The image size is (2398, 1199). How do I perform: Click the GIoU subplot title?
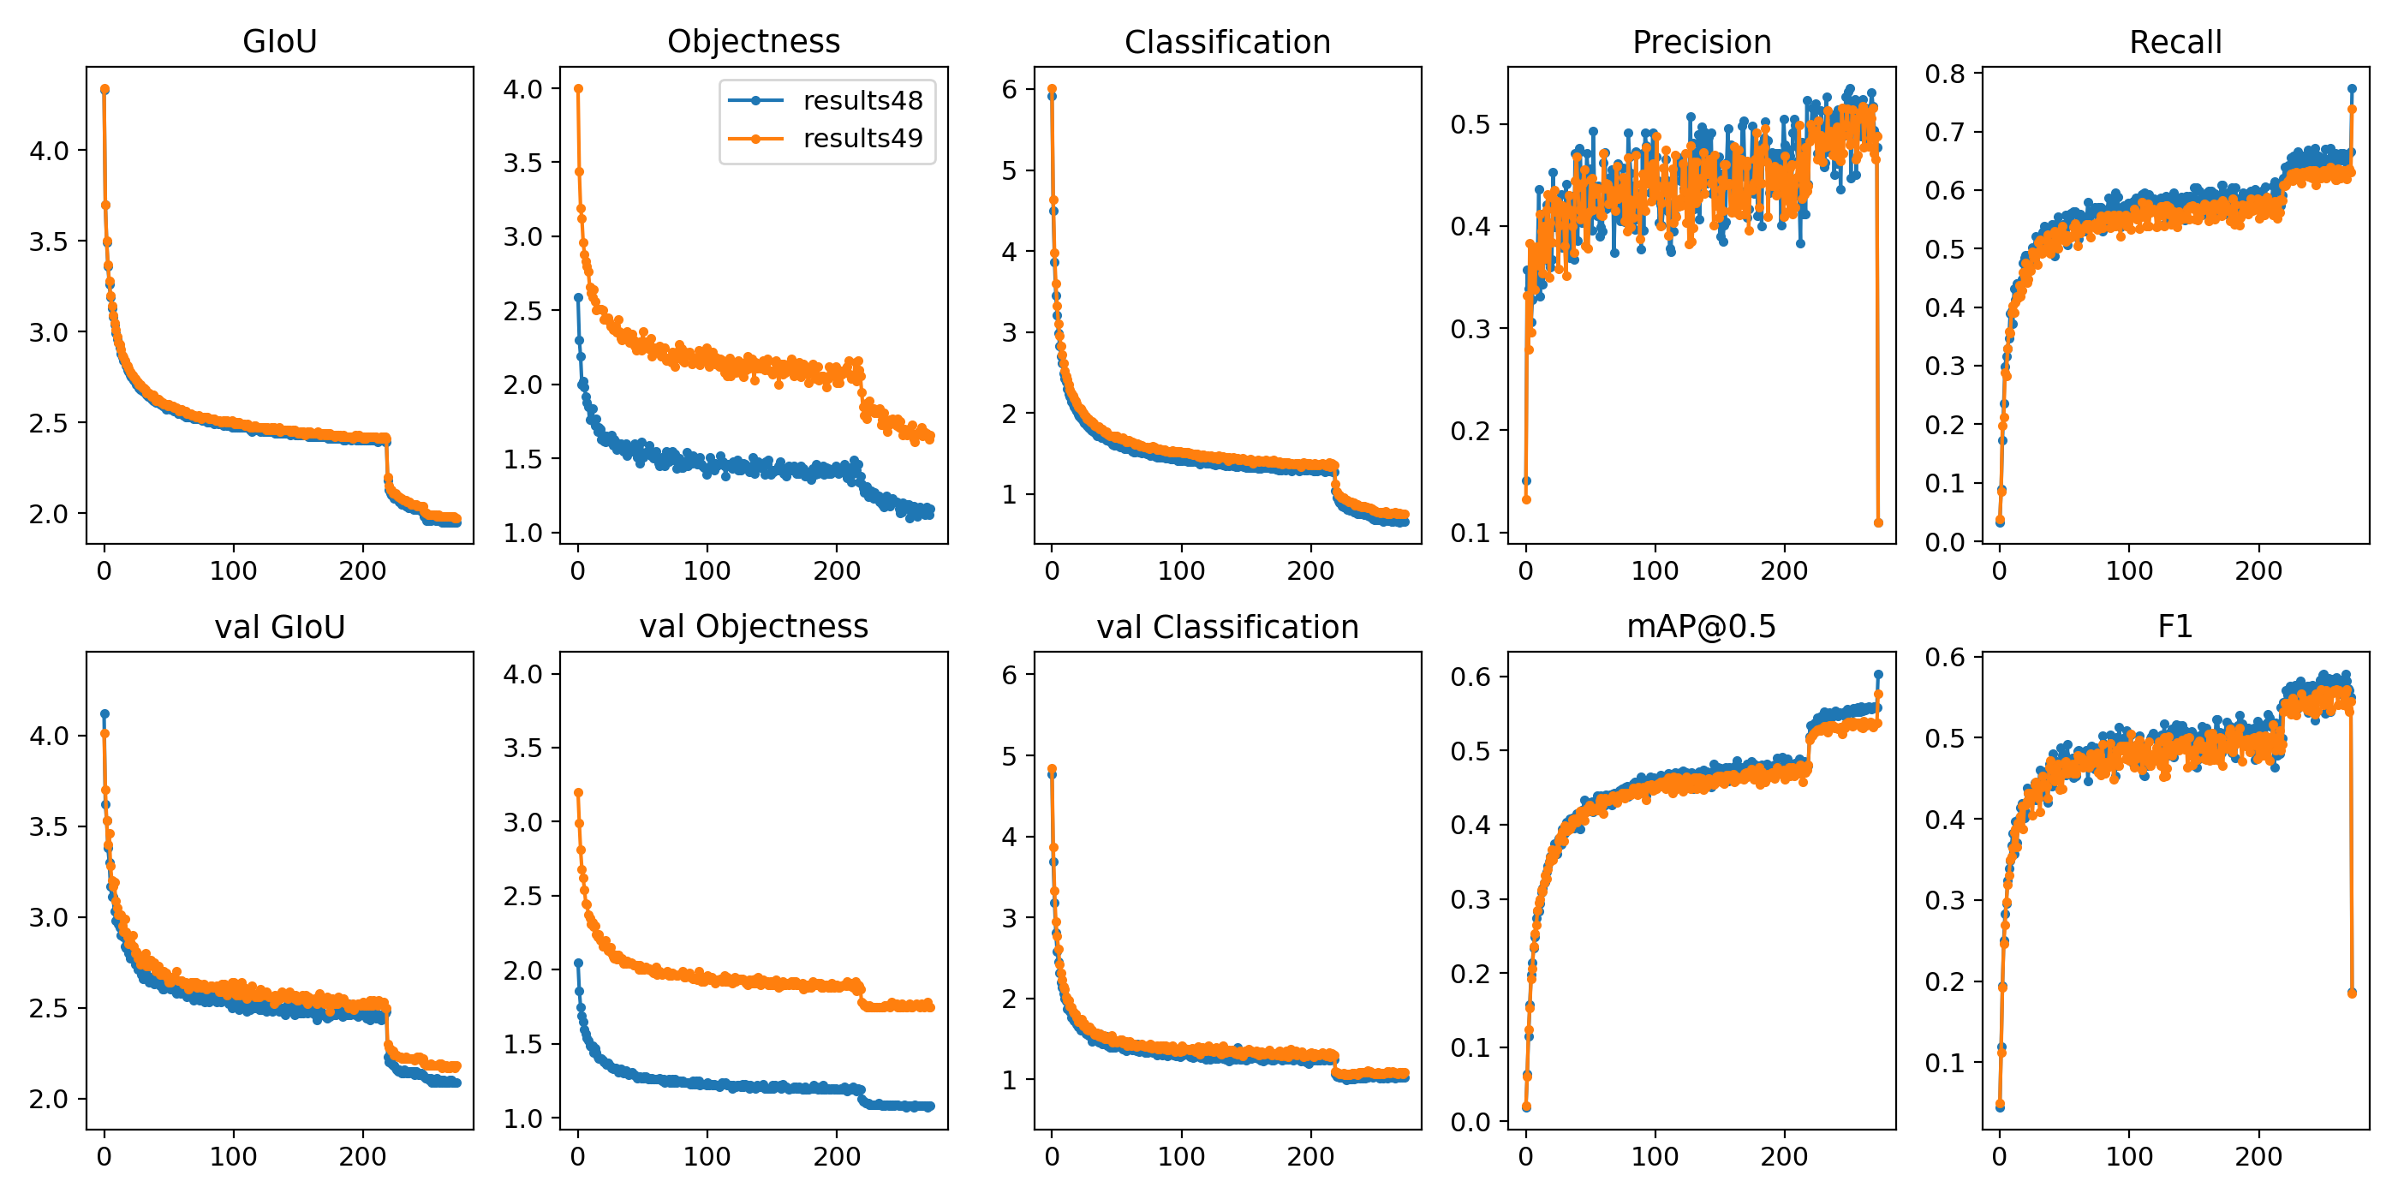[279, 42]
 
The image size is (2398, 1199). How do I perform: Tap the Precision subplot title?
[1701, 43]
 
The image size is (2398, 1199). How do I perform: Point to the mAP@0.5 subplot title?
[1701, 627]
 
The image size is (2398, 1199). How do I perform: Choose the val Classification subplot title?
[1227, 628]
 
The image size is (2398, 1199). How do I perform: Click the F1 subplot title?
[2174, 627]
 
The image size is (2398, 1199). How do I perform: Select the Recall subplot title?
[2174, 43]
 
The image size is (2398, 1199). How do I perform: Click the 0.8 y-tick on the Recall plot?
[1945, 75]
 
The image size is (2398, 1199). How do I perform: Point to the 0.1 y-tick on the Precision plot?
[1470, 534]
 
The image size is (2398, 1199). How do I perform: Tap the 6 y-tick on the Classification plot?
[1009, 89]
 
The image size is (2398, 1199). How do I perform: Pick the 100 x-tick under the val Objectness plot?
[707, 1157]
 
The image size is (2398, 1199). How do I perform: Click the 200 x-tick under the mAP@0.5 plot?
[1784, 1157]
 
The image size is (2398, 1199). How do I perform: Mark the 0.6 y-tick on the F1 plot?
[1945, 657]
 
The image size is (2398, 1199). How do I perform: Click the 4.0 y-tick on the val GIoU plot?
[50, 737]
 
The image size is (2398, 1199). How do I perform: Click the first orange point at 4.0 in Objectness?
[578, 89]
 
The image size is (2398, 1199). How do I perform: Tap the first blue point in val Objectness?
[578, 963]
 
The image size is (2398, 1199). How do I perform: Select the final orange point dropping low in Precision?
[1877, 523]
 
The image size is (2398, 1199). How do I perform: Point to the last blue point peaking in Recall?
[2352, 89]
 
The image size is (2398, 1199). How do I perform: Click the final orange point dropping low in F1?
[2352, 993]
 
